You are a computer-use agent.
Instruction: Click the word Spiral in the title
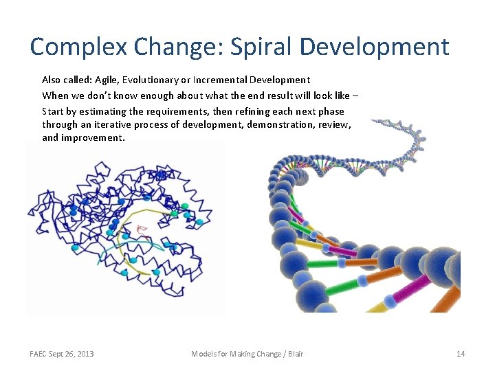click(253, 47)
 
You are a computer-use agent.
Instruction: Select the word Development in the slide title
click(375, 47)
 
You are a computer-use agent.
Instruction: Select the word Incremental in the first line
click(223, 80)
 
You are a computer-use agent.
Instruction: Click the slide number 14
click(460, 354)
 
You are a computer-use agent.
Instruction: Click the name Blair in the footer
click(294, 354)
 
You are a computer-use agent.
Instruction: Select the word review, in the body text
click(334, 124)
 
